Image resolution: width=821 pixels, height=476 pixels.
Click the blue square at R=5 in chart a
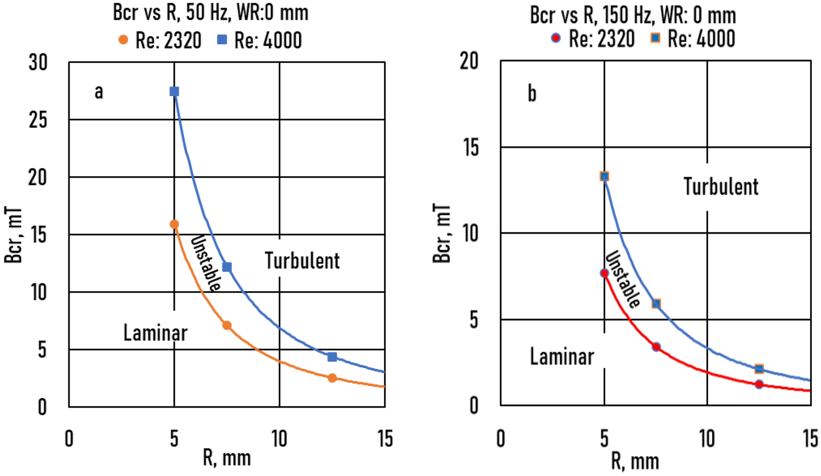coord(174,91)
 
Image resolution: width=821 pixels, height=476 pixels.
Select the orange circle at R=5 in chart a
coord(174,224)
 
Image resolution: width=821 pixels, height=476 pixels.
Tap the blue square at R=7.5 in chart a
coord(227,267)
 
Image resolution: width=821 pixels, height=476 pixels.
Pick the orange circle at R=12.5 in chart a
coord(332,378)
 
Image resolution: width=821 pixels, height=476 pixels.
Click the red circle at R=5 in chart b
coord(604,273)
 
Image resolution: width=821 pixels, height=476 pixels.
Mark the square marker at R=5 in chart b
coord(604,176)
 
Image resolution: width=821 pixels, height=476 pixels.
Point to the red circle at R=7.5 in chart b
coord(656,347)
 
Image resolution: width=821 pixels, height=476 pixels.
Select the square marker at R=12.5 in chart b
coord(759,369)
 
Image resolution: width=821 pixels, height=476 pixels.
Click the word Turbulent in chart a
coord(302,261)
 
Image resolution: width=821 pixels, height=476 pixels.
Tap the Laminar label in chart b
coord(561,357)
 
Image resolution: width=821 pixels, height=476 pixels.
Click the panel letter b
coord(531,94)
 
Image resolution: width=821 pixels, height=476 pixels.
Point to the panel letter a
coord(99,91)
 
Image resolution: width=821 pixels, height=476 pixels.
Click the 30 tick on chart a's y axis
coord(38,63)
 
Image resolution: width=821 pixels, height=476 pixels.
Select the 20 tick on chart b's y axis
coord(469,61)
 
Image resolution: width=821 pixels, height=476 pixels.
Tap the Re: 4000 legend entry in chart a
coord(260,40)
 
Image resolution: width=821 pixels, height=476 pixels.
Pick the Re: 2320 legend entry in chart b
coord(593,39)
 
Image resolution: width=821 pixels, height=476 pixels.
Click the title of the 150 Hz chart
coord(633,15)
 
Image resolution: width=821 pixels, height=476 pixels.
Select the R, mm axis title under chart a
coord(227,458)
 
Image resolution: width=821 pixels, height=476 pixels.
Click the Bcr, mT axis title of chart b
coord(442,234)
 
